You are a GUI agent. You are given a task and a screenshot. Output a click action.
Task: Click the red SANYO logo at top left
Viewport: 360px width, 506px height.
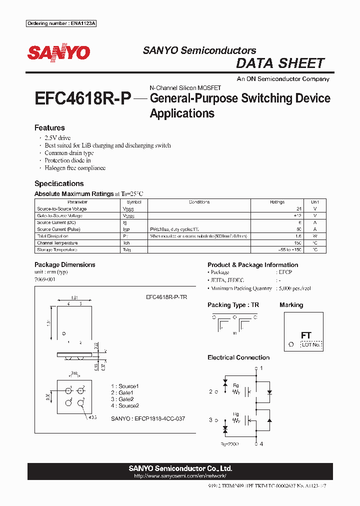tap(58, 53)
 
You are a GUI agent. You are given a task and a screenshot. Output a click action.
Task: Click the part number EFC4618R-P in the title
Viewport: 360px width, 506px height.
tap(82, 98)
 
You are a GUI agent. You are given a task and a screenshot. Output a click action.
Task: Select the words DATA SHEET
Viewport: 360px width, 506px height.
tap(280, 63)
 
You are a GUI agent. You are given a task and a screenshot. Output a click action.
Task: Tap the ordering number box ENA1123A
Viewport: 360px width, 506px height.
tap(61, 24)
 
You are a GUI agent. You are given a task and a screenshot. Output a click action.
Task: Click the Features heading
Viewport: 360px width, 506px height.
tap(49, 128)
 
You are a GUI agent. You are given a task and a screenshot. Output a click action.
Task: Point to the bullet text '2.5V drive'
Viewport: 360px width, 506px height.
tap(57, 138)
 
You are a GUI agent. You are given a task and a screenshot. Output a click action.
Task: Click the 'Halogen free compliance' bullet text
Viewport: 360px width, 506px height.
tap(75, 168)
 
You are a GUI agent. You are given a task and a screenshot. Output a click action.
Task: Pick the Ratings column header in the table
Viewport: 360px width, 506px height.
tap(277, 202)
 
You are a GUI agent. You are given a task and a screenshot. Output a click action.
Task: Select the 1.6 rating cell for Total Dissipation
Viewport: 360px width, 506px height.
tap(298, 236)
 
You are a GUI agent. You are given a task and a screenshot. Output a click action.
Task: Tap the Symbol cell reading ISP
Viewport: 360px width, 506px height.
tap(127, 229)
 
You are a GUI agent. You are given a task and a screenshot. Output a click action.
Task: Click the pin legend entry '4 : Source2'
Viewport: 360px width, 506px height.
tap(124, 405)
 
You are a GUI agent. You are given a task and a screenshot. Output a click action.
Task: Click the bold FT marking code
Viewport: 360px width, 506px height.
tap(306, 335)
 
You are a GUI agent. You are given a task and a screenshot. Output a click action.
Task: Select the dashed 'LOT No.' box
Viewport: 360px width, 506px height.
tap(311, 344)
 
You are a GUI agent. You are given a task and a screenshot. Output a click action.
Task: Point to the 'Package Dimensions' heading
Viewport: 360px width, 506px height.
tap(64, 264)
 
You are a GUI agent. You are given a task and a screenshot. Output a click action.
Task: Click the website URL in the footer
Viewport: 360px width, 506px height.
tap(180, 475)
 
